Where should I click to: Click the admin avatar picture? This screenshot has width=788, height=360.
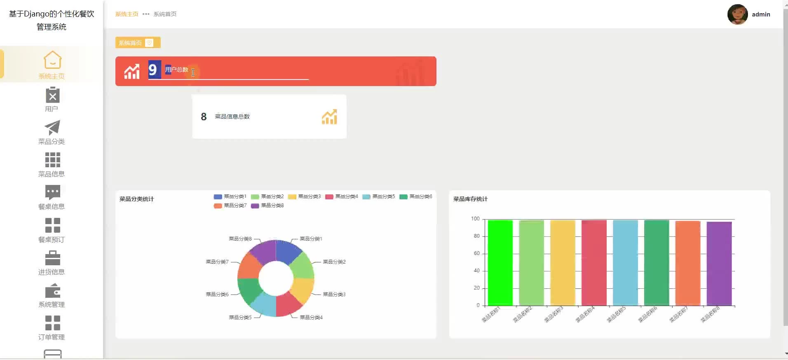[737, 14]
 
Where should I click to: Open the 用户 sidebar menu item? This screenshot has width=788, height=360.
[52, 99]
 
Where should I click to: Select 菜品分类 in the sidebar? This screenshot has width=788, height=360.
[52, 132]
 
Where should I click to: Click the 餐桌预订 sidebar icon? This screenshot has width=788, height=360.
[52, 225]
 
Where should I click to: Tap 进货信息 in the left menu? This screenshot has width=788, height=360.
[52, 263]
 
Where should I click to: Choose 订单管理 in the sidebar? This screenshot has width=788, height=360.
[52, 328]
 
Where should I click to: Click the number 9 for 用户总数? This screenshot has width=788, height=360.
[153, 70]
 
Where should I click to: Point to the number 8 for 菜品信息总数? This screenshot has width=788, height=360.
[204, 117]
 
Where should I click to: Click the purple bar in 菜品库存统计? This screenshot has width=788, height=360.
[719, 264]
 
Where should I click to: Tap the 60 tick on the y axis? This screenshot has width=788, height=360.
[476, 253]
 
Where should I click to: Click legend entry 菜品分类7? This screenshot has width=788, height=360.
[230, 206]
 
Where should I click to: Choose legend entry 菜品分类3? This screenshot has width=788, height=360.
[305, 196]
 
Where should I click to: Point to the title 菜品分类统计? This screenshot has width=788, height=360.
[136, 199]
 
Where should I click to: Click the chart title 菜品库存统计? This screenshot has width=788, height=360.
[470, 199]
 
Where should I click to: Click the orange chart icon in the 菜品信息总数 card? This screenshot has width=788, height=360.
[329, 117]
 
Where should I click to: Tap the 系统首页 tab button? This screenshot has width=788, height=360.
[130, 43]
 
